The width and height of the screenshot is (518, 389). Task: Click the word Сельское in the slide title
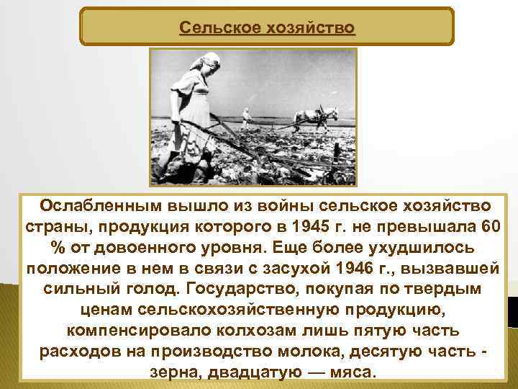click(214, 28)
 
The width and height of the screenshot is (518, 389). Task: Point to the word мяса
click(352, 372)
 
